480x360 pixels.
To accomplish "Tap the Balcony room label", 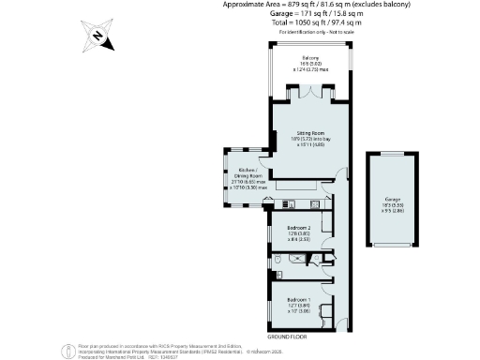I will pyautogui.click(x=310, y=58).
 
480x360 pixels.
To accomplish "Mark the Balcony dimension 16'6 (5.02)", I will pyautogui.click(x=310, y=64).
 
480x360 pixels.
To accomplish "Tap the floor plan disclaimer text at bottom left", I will pyautogui.click(x=141, y=351).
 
